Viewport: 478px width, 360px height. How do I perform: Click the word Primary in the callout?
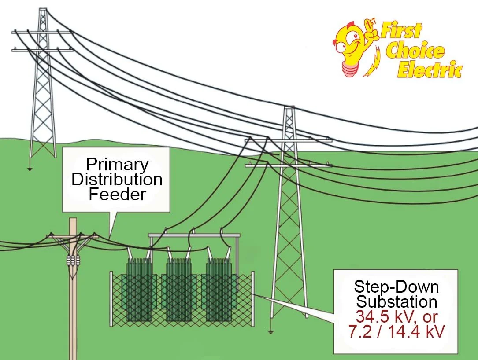(x=117, y=165)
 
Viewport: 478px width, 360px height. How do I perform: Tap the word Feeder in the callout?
(x=117, y=194)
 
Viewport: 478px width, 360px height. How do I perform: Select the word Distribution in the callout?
(x=117, y=180)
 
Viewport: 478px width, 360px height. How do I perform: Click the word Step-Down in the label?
(x=396, y=287)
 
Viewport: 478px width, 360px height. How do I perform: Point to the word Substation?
(x=396, y=302)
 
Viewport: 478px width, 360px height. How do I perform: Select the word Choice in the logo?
(x=414, y=51)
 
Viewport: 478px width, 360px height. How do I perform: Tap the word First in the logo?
(x=401, y=32)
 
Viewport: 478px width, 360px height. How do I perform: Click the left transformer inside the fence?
(x=139, y=288)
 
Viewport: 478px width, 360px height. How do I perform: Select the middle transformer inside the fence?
(x=178, y=288)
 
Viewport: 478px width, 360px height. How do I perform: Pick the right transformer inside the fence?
(x=219, y=288)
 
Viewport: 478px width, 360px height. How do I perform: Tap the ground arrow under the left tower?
(x=30, y=169)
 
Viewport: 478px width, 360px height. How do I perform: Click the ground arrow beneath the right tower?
(x=273, y=331)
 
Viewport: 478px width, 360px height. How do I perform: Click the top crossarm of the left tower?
(x=42, y=32)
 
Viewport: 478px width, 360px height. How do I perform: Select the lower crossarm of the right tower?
(x=289, y=165)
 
